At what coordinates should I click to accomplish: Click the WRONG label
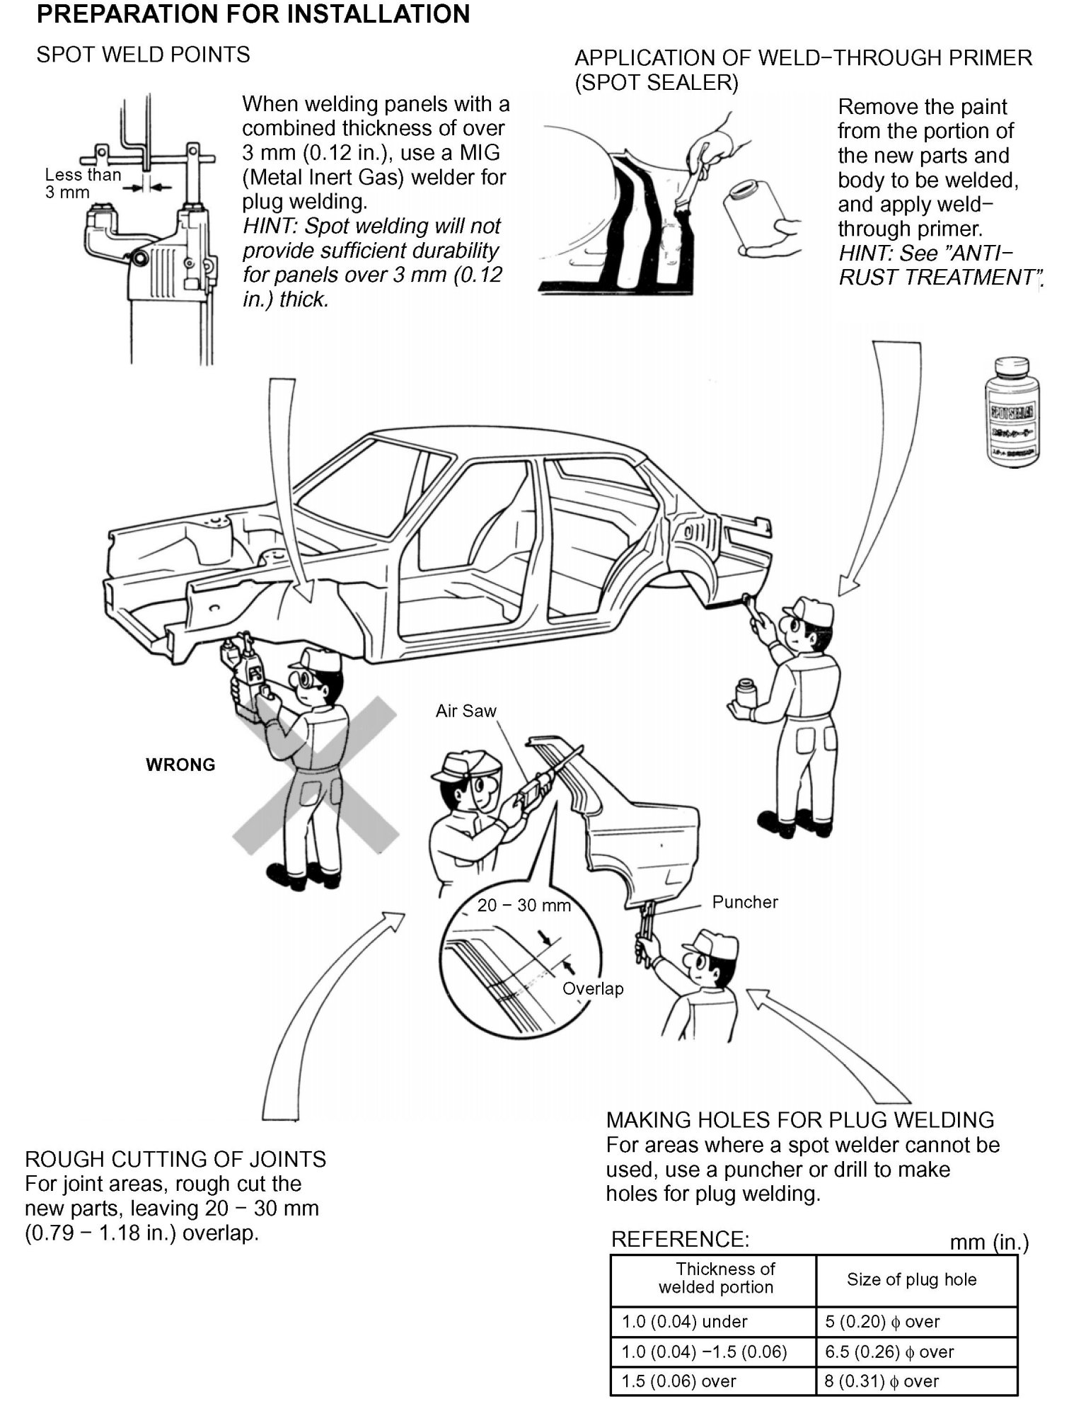[x=180, y=765]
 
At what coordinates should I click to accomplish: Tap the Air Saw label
[x=466, y=711]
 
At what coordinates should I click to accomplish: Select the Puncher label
[x=744, y=902]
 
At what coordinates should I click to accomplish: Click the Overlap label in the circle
[x=593, y=988]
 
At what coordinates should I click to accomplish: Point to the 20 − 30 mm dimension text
[x=524, y=906]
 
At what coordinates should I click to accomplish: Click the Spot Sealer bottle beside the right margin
[x=1012, y=412]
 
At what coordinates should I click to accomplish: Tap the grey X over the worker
[x=316, y=775]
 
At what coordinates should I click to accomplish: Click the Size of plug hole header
[x=911, y=1279]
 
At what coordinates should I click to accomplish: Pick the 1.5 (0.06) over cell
[x=678, y=1381]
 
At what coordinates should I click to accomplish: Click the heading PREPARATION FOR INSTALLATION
[x=253, y=14]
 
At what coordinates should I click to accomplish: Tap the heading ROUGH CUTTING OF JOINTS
[x=175, y=1159]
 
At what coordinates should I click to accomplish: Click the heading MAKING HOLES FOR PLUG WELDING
[x=800, y=1119]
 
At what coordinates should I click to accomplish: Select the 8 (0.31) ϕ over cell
[x=882, y=1381]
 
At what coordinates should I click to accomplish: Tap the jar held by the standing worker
[x=745, y=692]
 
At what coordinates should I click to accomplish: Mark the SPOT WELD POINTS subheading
[x=143, y=55]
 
